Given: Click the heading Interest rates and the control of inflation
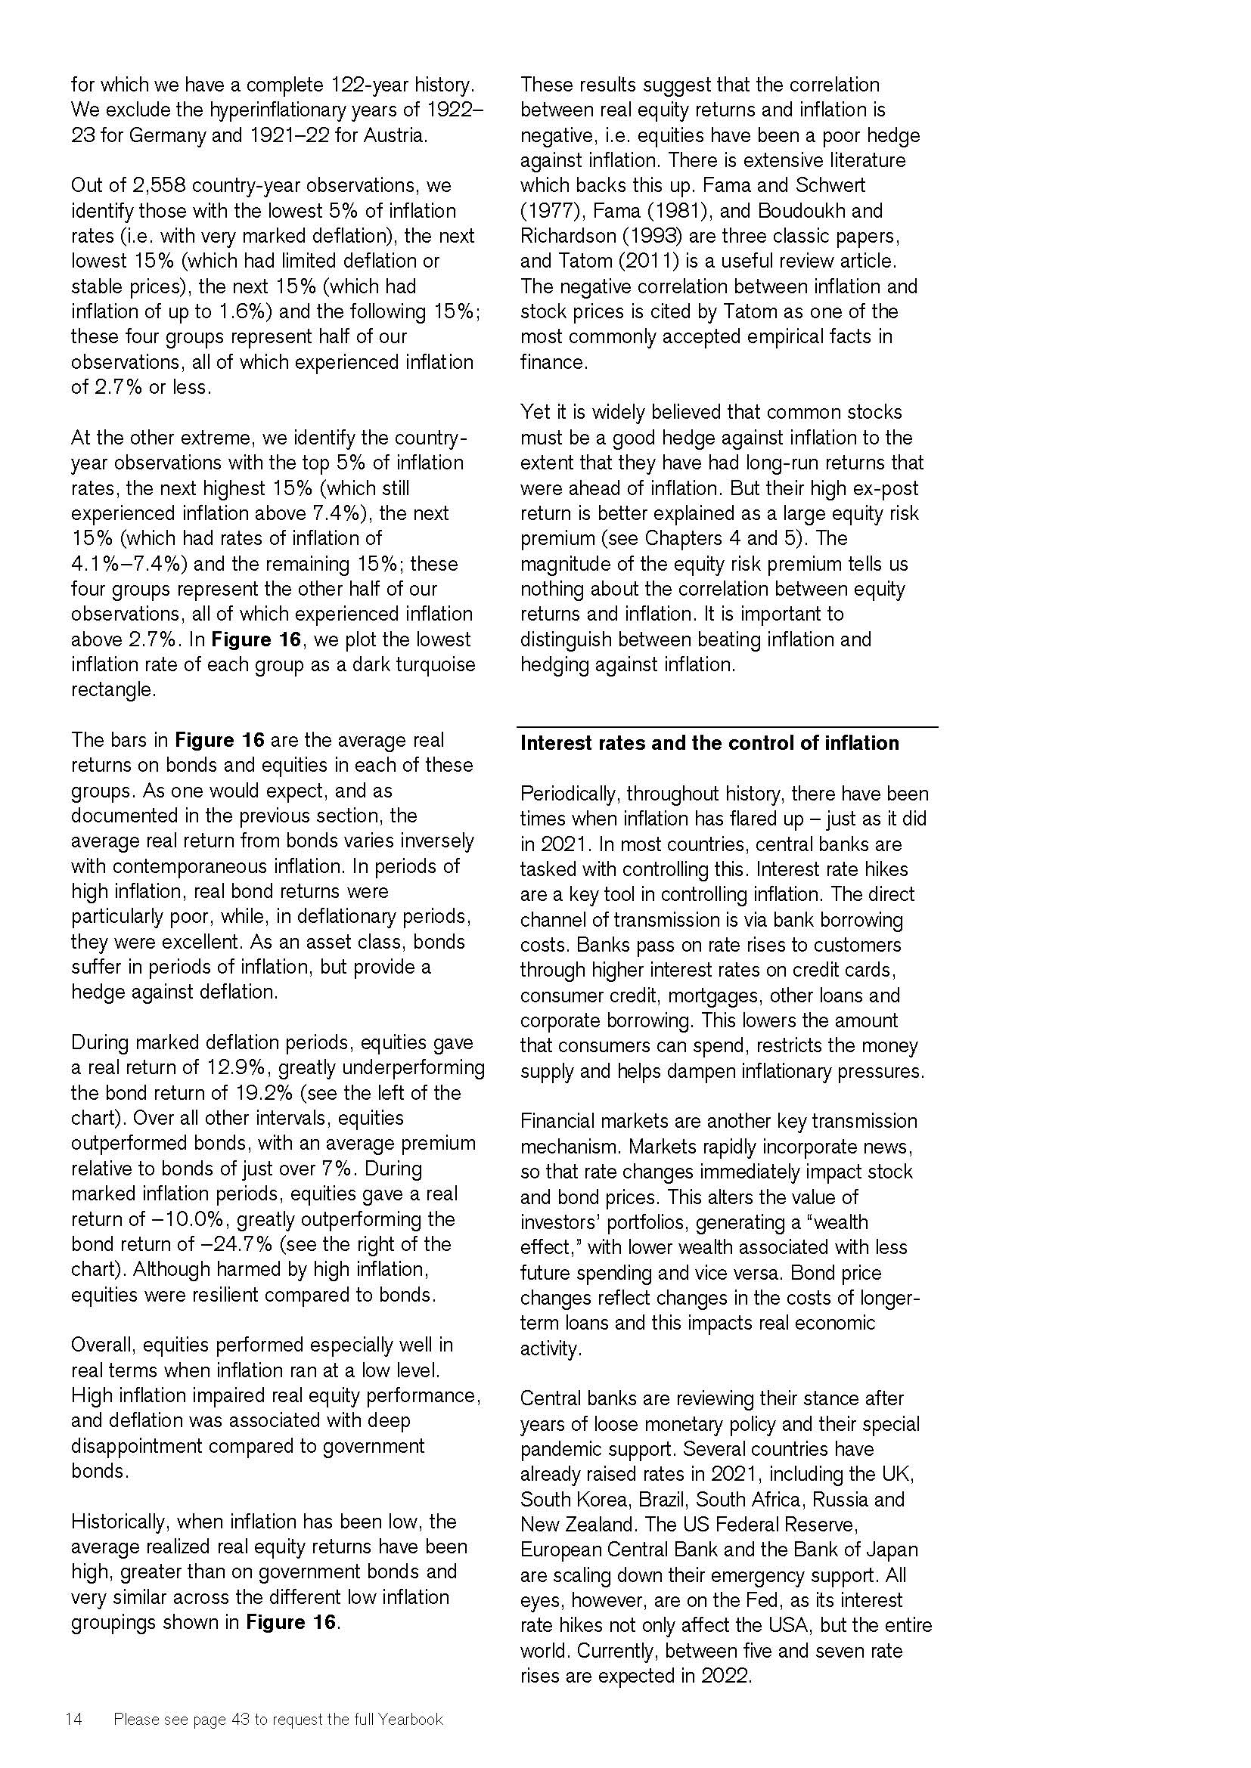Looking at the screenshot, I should (x=709, y=743).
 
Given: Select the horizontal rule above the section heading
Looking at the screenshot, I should (x=727, y=727).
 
